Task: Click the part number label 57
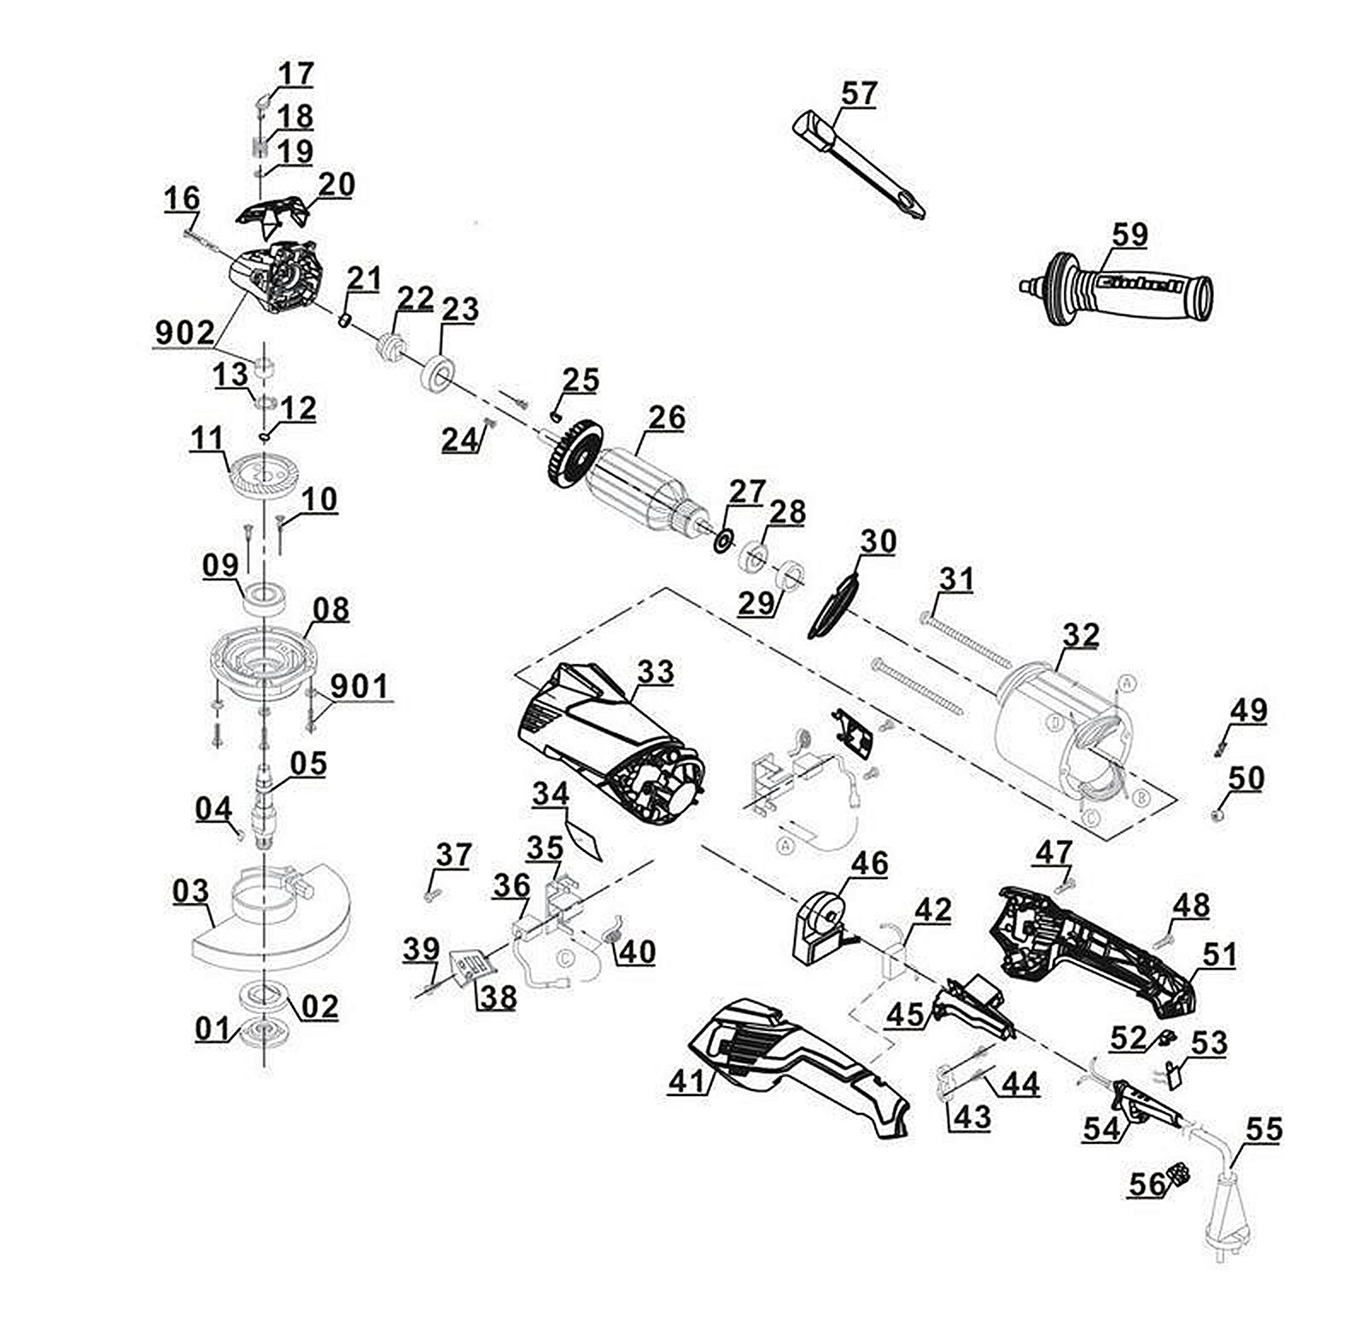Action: [x=859, y=92]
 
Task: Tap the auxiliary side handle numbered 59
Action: [x=1127, y=287]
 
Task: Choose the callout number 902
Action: [x=184, y=335]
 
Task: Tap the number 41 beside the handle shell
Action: [x=689, y=1081]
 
